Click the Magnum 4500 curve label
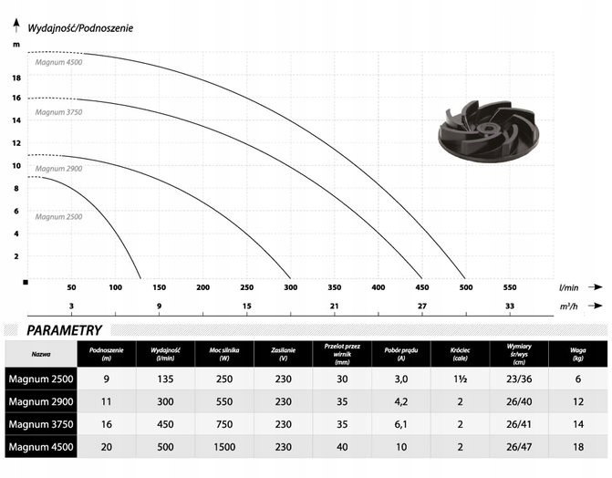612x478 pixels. pyautogui.click(x=58, y=62)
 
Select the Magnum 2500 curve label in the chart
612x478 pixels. pyautogui.click(x=58, y=217)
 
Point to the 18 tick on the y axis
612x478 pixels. pyautogui.click(x=16, y=78)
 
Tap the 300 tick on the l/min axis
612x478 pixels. pyautogui.click(x=290, y=287)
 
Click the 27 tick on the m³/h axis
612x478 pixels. pyautogui.click(x=422, y=306)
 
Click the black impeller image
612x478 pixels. pyautogui.click(x=488, y=130)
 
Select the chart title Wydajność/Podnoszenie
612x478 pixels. pyautogui.click(x=80, y=28)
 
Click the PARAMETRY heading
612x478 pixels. pyautogui.click(x=64, y=330)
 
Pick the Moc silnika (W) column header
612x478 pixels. pyautogui.click(x=224, y=354)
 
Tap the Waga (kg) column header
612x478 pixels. pyautogui.click(x=577, y=354)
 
